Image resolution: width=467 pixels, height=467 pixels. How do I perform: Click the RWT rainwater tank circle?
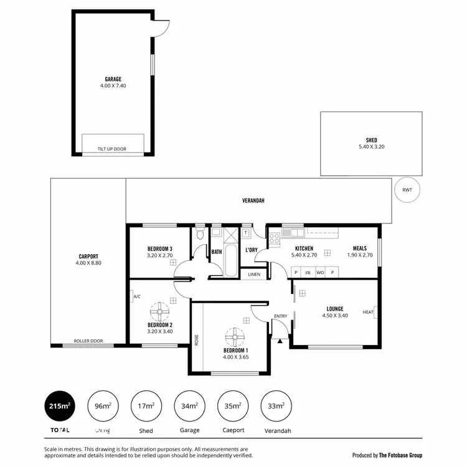click(x=407, y=190)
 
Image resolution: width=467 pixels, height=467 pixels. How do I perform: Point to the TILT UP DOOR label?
click(x=112, y=149)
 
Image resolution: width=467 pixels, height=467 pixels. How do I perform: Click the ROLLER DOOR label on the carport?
click(x=88, y=341)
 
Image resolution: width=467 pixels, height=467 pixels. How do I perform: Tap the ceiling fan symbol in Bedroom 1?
click(x=235, y=337)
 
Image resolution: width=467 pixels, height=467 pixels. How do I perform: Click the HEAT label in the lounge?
click(x=369, y=313)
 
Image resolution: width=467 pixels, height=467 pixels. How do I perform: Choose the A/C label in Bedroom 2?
click(x=136, y=297)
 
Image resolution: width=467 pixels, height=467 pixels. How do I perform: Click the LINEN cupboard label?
click(x=254, y=275)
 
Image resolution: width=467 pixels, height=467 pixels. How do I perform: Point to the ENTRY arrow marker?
click(x=281, y=340)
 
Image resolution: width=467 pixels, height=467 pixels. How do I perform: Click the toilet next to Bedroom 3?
click(x=199, y=234)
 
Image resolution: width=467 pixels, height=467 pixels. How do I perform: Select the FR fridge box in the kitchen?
click(x=308, y=273)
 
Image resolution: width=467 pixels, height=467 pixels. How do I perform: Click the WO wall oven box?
click(x=320, y=273)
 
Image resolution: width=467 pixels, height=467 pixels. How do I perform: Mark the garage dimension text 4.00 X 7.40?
click(x=113, y=86)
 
